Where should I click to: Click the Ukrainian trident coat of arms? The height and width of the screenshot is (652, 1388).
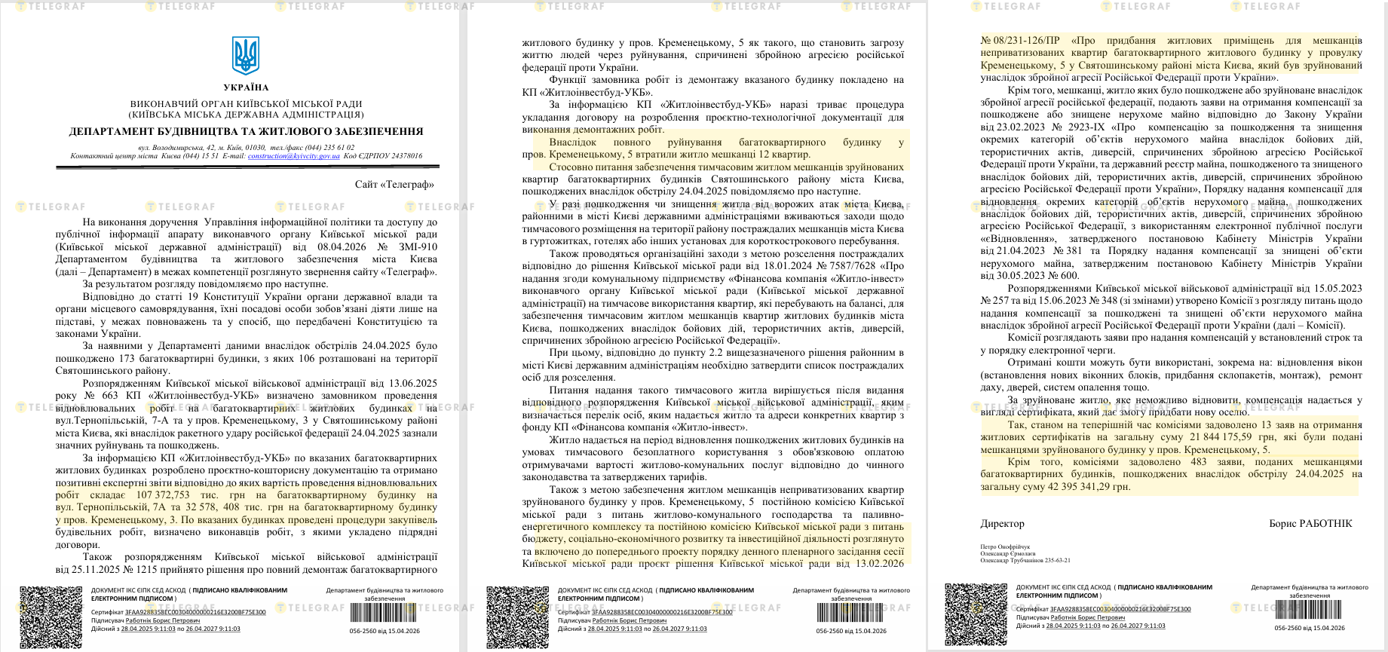pos(246,55)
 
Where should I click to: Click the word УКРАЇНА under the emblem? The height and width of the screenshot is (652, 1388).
pos(246,87)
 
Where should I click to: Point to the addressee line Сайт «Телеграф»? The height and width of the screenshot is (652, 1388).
pos(394,184)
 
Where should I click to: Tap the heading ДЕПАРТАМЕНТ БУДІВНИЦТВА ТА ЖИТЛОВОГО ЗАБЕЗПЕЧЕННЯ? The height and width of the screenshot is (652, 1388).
pos(246,131)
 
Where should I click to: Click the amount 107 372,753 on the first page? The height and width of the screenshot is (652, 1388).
pos(162,495)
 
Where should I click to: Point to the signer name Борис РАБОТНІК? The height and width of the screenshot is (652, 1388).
pos(1310,523)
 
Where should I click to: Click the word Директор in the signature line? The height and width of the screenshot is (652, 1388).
pos(1002,523)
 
